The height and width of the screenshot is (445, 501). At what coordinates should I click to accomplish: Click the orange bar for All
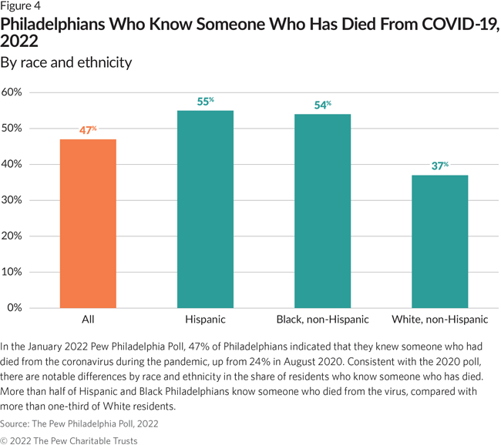point(89,223)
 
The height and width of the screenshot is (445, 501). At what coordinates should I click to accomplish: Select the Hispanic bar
point(205,209)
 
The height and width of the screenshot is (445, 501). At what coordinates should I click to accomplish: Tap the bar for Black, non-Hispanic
point(322,211)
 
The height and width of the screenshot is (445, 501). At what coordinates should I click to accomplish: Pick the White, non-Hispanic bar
point(439,242)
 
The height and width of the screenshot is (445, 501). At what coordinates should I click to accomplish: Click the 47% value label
point(89,130)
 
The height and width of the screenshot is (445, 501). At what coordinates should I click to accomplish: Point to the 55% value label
point(205,101)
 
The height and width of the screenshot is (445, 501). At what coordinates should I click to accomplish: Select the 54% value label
point(322,105)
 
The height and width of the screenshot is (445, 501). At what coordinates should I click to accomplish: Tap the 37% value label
point(439,166)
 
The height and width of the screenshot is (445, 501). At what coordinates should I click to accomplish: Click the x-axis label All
point(89,319)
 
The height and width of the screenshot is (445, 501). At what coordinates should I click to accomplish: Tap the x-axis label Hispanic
point(205,319)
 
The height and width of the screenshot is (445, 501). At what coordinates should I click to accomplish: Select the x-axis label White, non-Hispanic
point(439,319)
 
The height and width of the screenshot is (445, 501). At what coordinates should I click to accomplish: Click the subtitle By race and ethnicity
point(66,62)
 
